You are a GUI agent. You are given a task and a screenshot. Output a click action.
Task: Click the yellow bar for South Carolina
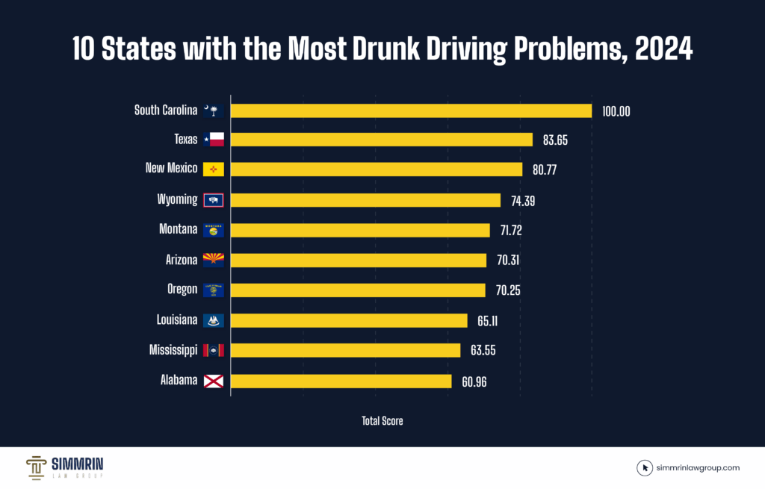tap(411, 110)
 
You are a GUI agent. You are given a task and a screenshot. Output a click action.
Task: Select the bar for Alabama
tap(341, 381)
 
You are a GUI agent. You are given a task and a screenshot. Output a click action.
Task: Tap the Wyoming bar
tap(365, 200)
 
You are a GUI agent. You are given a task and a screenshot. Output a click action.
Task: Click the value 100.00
tap(616, 111)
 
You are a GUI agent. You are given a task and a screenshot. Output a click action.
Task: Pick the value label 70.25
tap(506, 290)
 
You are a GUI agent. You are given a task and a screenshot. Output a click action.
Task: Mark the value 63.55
tap(481, 350)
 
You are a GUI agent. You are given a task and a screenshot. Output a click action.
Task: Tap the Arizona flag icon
tap(213, 260)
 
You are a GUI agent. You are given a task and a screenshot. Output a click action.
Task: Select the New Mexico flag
tap(213, 169)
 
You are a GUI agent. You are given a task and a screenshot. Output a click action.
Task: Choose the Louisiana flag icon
tap(213, 320)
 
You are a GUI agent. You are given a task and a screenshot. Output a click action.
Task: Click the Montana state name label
tap(178, 229)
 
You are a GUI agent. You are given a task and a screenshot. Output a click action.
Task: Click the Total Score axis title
tap(382, 421)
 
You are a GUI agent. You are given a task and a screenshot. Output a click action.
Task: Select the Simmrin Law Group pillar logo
tap(37, 467)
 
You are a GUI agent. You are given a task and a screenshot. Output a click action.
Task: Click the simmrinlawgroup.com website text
tap(699, 468)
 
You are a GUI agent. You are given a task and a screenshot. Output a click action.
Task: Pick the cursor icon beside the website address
tap(645, 468)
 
